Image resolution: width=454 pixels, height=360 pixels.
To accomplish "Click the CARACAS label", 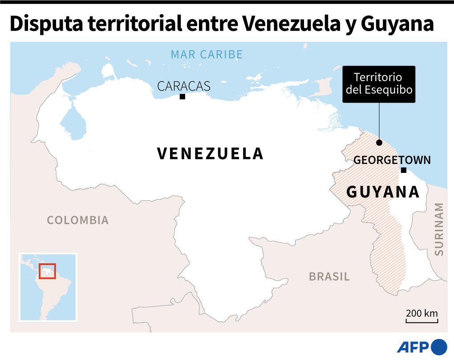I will tap(183, 86).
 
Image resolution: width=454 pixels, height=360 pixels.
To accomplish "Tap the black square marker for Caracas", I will tap(182, 96).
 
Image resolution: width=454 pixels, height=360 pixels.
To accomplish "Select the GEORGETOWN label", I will tap(392, 160).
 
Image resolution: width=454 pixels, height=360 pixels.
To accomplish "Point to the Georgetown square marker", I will tap(403, 170).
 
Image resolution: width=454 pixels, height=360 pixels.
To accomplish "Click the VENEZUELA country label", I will tap(211, 154).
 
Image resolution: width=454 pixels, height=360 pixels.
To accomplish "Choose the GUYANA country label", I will tap(383, 192).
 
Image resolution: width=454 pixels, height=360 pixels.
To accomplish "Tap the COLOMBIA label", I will tap(78, 220).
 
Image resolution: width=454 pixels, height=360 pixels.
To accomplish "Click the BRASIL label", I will tap(329, 277).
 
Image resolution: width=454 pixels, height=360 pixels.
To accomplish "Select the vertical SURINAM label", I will tap(439, 229).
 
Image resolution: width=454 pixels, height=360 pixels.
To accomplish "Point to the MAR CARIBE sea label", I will tap(207, 55).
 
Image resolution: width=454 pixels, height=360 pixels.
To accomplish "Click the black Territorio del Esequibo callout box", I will tap(379, 84).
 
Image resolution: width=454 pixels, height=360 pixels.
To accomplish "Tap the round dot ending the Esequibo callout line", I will tap(379, 143).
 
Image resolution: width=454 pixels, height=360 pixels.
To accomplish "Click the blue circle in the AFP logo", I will tap(439, 347).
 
